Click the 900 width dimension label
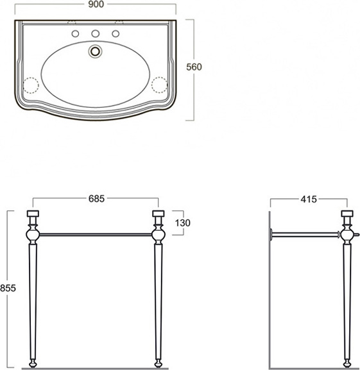click(96, 4)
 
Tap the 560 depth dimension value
click(194, 67)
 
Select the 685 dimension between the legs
click(96, 199)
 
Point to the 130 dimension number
click(182, 223)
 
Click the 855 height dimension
click(8, 288)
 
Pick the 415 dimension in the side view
click(309, 199)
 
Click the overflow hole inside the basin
click(96, 51)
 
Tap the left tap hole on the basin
click(75, 34)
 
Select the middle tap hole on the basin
click(96, 34)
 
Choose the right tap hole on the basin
click(116, 34)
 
